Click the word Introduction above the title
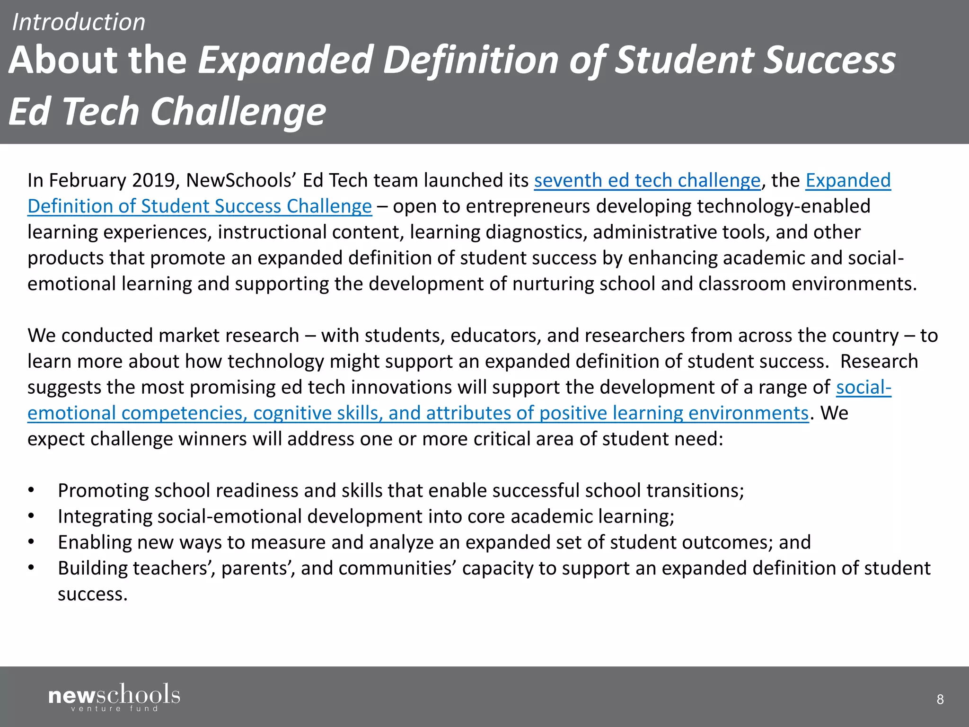(79, 22)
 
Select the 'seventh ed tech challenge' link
(647, 180)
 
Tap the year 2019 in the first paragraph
(156, 180)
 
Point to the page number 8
(940, 699)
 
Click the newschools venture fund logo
(114, 697)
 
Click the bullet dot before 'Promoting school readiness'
(31, 491)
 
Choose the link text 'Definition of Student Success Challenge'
(200, 206)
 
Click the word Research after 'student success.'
(879, 362)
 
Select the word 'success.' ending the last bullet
(93, 594)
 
